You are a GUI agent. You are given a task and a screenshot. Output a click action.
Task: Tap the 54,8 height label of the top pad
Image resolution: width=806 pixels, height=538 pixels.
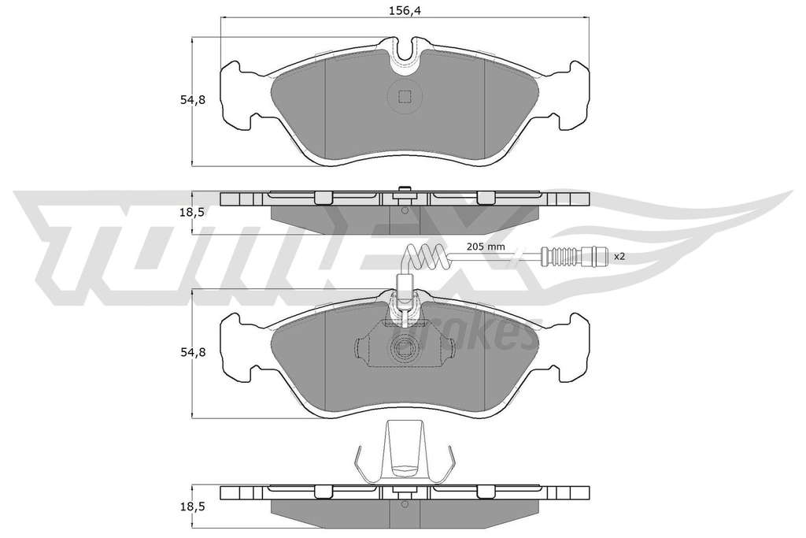(x=192, y=100)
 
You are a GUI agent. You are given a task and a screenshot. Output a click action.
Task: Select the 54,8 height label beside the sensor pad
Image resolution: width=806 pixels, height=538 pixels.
(x=192, y=352)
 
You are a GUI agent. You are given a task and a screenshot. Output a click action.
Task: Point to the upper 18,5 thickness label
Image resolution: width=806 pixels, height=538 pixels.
(x=192, y=213)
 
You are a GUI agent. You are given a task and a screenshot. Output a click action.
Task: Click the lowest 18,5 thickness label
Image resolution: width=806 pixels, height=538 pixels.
(x=192, y=506)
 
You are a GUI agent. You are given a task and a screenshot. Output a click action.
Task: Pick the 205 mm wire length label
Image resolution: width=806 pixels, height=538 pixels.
(x=485, y=247)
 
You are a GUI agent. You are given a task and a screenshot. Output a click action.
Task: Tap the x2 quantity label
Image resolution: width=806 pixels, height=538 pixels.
(x=619, y=256)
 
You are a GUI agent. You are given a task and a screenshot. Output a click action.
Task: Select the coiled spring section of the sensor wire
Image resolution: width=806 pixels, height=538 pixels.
(x=427, y=254)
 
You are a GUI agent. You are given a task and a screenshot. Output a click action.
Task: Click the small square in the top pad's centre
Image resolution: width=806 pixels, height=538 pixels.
(x=405, y=96)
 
